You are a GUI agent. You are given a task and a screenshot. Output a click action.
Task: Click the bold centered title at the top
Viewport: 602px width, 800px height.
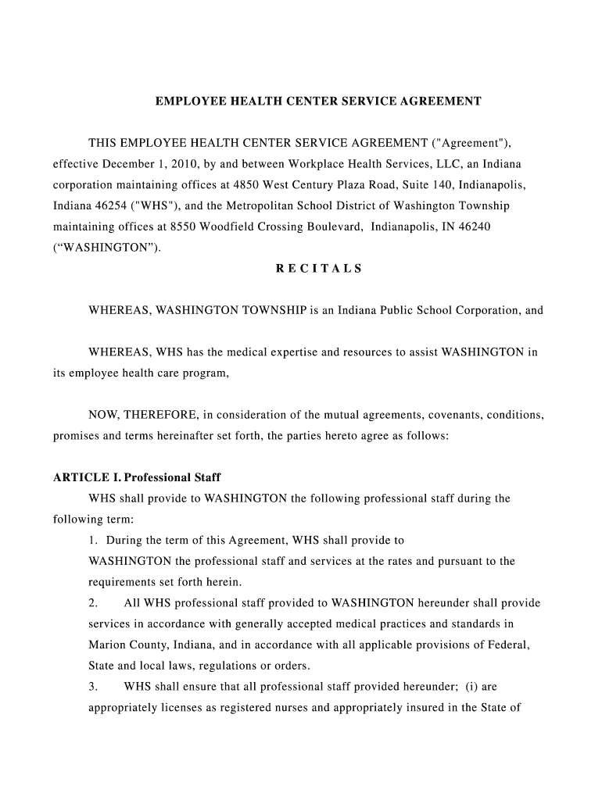tap(317, 102)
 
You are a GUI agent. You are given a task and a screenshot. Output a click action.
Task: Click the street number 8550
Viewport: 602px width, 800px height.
tap(171, 227)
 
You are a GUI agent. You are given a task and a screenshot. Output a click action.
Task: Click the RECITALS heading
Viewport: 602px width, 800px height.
tap(319, 269)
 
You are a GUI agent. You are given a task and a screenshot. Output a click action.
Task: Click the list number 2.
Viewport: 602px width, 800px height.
tap(93, 603)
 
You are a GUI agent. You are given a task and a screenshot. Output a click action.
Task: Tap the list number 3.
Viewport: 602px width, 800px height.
tap(93, 687)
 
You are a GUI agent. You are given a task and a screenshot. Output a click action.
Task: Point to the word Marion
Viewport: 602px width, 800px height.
tap(106, 645)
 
